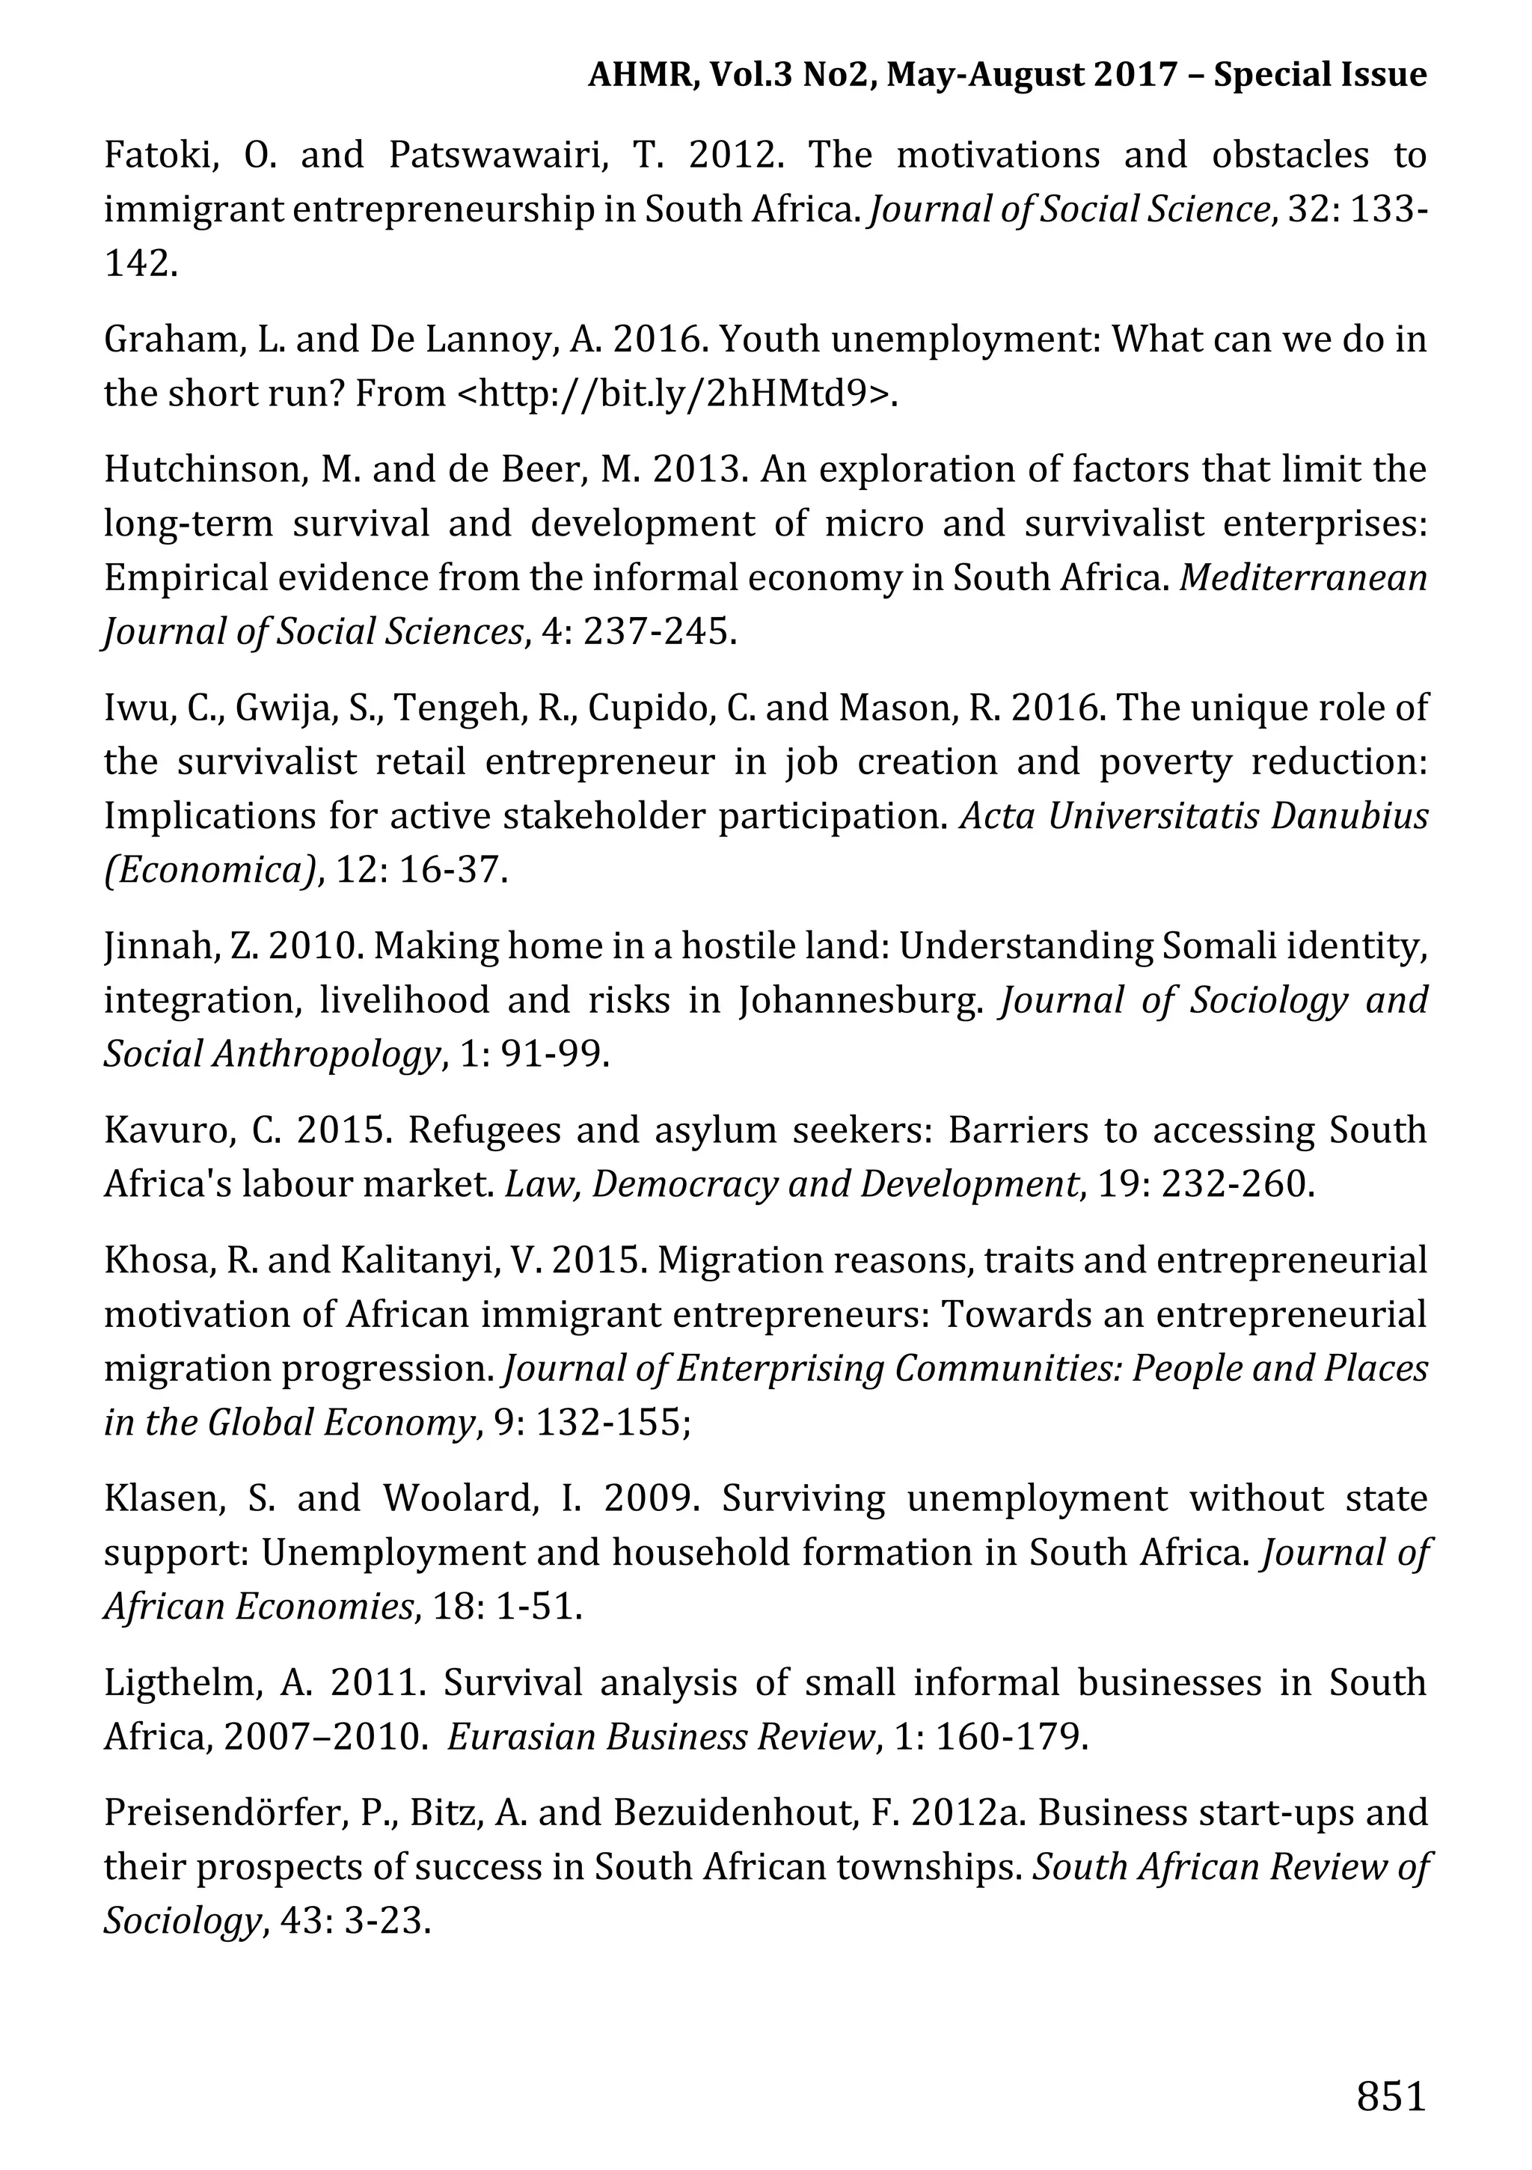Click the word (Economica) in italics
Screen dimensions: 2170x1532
pos(209,869)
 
